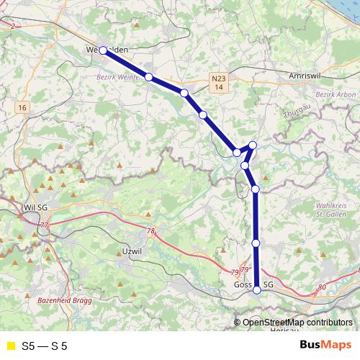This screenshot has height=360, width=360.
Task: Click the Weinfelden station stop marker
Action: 103,50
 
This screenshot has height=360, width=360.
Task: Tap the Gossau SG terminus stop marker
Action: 257,289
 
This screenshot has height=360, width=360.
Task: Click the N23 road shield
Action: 220,76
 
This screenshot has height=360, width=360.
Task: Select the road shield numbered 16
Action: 23,107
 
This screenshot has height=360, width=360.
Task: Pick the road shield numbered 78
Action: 150,231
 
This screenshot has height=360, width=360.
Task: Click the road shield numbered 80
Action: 321,287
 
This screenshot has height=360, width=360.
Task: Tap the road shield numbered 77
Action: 45,225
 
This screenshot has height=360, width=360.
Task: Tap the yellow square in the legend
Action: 9,346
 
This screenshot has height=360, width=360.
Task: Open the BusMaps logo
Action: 325,346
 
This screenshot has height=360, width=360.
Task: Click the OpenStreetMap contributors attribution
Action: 297,323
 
